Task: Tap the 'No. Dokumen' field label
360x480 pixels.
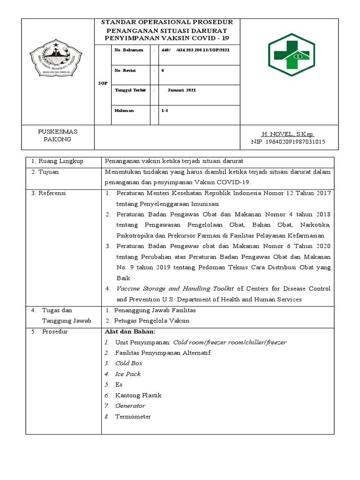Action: (x=128, y=49)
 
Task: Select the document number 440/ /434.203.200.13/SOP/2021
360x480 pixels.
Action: (x=195, y=49)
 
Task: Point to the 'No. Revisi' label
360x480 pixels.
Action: (x=125, y=70)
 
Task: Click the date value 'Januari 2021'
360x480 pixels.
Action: (x=182, y=90)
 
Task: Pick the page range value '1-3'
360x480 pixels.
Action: (x=165, y=111)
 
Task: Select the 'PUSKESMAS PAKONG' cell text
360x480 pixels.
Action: (x=57, y=135)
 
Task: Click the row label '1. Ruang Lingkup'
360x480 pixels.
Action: (x=57, y=161)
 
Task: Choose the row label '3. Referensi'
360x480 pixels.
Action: (x=49, y=193)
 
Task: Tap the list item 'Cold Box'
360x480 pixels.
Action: (x=128, y=363)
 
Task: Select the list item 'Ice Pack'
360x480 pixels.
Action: (x=127, y=374)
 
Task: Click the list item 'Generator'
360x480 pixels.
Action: (x=130, y=406)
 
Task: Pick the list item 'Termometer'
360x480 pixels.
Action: (x=133, y=417)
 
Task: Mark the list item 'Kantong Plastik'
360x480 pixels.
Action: (x=137, y=396)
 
